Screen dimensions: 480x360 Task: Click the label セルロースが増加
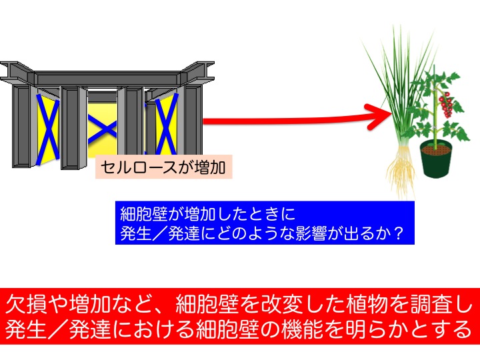point(163,167)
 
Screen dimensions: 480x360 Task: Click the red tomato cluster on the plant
point(445,105)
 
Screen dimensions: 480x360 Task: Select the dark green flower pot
point(436,159)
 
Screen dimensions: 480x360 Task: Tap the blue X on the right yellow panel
point(167,124)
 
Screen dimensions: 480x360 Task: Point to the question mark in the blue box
point(399,233)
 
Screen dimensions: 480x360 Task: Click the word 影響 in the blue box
point(311,233)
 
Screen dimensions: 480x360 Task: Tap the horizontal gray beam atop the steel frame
point(107,79)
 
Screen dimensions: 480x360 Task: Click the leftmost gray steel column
point(21,126)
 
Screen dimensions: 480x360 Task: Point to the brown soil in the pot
point(436,149)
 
